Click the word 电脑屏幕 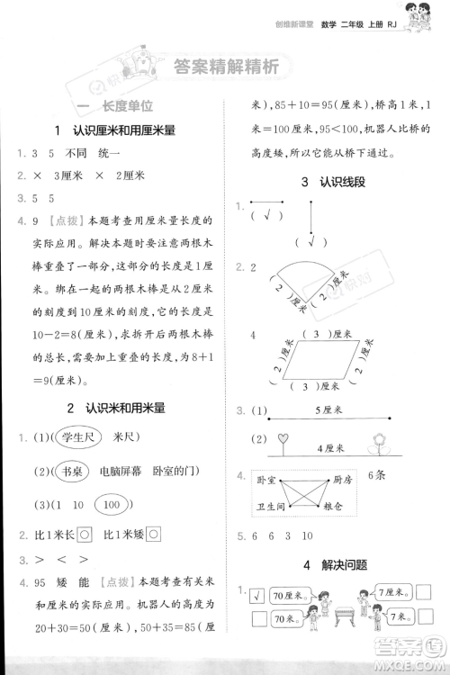pos(121,471)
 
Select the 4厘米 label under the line pos(333,447)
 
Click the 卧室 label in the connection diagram pos(265,481)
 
